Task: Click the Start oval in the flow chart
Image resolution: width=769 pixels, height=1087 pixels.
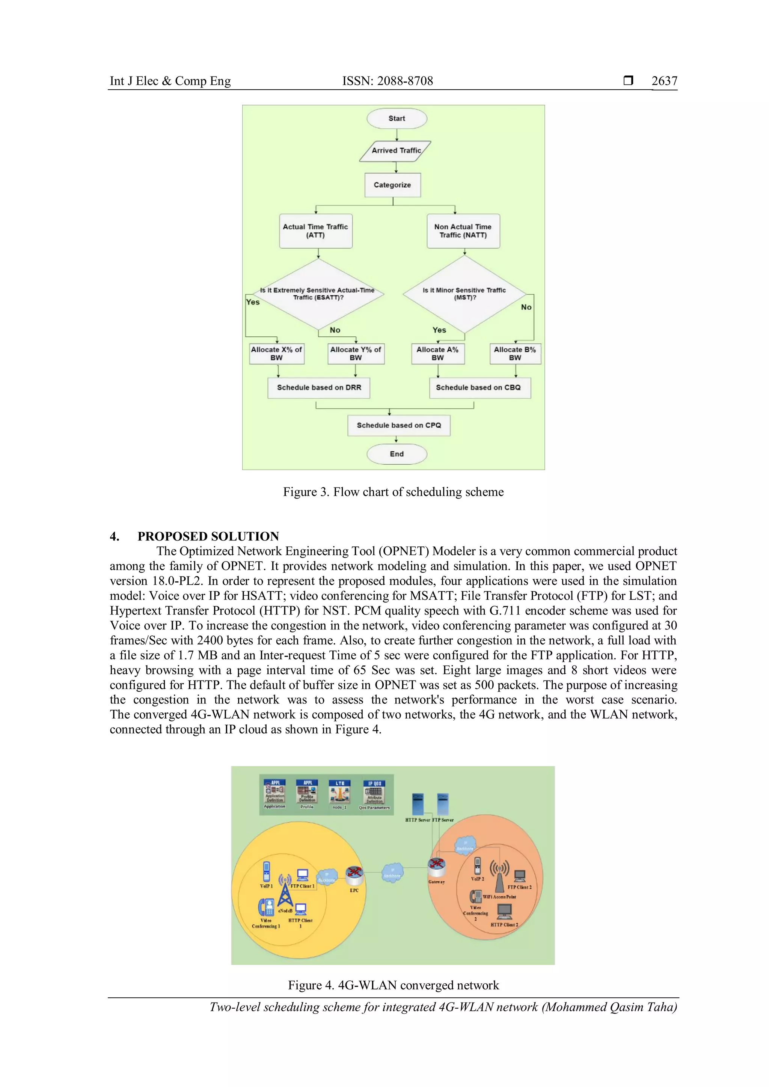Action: coord(397,118)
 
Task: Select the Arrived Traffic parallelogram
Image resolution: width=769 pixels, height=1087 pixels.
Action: coord(395,151)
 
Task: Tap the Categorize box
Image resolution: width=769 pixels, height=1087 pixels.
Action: coord(392,185)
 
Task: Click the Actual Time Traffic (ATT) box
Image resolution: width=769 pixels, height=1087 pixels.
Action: coord(315,231)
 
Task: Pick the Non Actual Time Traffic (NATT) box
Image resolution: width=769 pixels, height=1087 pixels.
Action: coord(463,231)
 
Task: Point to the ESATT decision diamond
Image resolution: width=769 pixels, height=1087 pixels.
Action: coord(318,294)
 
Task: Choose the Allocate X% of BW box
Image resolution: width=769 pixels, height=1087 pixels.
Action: coord(276,354)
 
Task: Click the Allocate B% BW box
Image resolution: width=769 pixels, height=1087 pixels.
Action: coord(515,354)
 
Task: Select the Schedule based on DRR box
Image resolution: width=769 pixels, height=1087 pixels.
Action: coord(319,388)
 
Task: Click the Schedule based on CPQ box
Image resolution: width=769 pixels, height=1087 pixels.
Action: coord(399,426)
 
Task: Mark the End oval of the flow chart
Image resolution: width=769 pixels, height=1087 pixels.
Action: coord(397,454)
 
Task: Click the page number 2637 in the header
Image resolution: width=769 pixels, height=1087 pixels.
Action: coord(664,81)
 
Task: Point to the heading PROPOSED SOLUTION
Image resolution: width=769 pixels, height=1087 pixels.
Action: coord(208,536)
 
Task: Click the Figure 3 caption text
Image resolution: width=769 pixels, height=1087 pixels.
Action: coord(393,492)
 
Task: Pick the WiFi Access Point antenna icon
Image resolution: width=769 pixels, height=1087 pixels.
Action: coord(499,876)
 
